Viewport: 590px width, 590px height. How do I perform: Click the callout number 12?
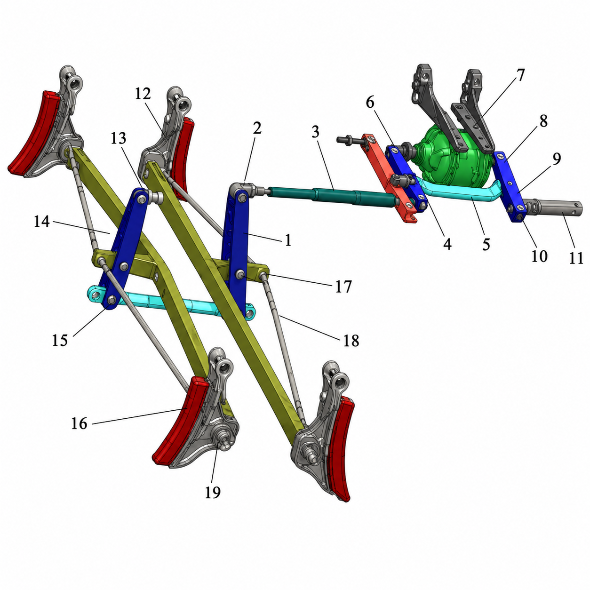tap(143, 94)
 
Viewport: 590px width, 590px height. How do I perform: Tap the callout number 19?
tap(213, 492)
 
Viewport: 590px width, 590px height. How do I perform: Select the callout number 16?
tap(80, 423)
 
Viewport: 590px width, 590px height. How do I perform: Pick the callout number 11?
tap(576, 257)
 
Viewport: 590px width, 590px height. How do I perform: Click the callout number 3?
tap(315, 132)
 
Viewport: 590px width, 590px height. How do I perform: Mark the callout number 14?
tap(42, 221)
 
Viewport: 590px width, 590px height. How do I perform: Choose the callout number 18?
tap(351, 340)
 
